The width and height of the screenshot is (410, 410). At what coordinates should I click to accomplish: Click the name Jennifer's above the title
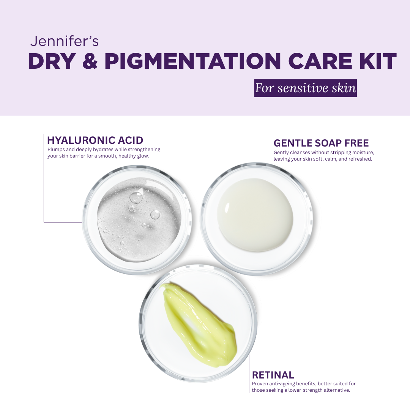click(x=64, y=41)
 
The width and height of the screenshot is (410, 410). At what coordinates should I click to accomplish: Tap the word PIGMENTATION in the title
click(x=193, y=61)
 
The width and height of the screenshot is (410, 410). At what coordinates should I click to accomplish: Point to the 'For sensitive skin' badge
click(x=305, y=88)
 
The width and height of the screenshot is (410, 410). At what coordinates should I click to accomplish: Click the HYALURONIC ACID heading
click(x=95, y=140)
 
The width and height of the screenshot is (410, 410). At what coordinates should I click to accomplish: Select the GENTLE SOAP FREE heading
click(x=321, y=143)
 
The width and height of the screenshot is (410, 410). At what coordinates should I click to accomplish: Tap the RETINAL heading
click(x=273, y=375)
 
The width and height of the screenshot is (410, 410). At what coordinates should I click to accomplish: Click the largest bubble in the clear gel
click(x=136, y=197)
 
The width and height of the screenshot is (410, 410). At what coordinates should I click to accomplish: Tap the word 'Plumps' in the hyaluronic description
click(x=56, y=150)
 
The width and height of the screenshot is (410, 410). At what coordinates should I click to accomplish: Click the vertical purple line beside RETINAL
click(x=250, y=374)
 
